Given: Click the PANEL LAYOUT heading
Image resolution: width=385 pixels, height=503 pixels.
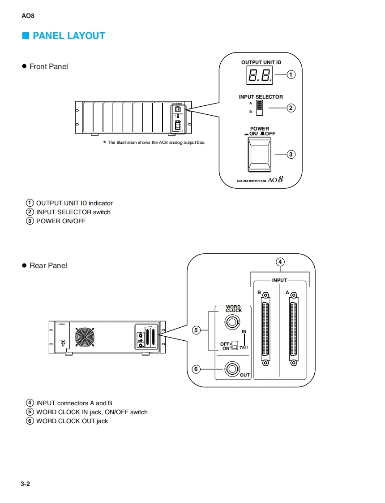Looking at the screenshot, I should (68, 36).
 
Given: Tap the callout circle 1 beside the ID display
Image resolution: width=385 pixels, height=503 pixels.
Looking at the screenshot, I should (291, 74).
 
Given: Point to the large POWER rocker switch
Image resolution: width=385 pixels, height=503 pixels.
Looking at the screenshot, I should (260, 154).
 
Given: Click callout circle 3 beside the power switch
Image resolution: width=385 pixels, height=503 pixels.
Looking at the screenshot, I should (291, 154).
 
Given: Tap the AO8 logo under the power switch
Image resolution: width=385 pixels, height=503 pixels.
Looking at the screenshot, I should (276, 180).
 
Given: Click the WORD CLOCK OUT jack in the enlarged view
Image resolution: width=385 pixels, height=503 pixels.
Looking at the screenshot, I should (232, 369).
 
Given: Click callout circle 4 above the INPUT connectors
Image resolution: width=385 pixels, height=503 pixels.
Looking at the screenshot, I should (280, 262).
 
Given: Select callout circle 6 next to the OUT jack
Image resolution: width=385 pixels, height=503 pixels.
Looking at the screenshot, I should (196, 369).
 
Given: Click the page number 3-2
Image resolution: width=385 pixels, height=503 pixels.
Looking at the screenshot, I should (25, 484).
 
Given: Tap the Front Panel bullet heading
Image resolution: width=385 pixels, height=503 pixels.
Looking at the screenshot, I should (48, 66).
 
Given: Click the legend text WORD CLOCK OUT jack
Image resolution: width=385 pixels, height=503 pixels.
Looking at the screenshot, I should (72, 421).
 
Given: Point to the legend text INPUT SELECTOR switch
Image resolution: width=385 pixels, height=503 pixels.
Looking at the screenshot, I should (73, 212).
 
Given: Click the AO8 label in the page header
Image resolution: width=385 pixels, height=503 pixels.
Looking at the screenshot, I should (28, 16).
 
